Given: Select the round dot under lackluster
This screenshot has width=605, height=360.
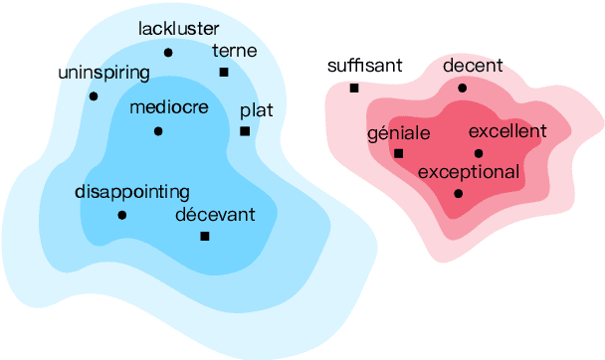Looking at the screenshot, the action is click(167, 52).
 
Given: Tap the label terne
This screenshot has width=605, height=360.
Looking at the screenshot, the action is click(235, 51).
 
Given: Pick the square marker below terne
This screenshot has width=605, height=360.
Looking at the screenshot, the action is click(224, 72).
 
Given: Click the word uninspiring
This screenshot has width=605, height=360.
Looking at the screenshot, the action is click(104, 73).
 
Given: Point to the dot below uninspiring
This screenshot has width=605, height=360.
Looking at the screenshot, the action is click(94, 95).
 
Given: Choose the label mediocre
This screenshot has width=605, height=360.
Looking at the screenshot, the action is click(169, 107).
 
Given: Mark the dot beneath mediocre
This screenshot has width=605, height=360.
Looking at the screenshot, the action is click(158, 130).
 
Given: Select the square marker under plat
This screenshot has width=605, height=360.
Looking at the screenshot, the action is click(245, 130).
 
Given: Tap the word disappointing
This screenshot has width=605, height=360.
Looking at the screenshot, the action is click(131, 192).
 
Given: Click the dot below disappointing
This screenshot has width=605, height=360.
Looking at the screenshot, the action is click(121, 215).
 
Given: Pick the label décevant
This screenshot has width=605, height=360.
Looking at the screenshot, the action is click(215, 214).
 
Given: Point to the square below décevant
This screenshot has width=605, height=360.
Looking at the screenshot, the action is click(205, 236).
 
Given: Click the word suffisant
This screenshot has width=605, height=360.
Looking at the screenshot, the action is click(364, 66).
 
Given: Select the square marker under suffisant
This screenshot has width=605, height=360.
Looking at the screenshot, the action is click(353, 88).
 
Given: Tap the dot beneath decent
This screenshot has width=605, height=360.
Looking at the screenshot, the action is click(462, 88).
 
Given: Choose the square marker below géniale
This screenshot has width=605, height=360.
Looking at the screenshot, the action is click(398, 153).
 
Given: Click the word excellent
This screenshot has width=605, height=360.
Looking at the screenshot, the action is click(506, 131).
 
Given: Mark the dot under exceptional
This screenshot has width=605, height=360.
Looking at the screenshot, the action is click(458, 193).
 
